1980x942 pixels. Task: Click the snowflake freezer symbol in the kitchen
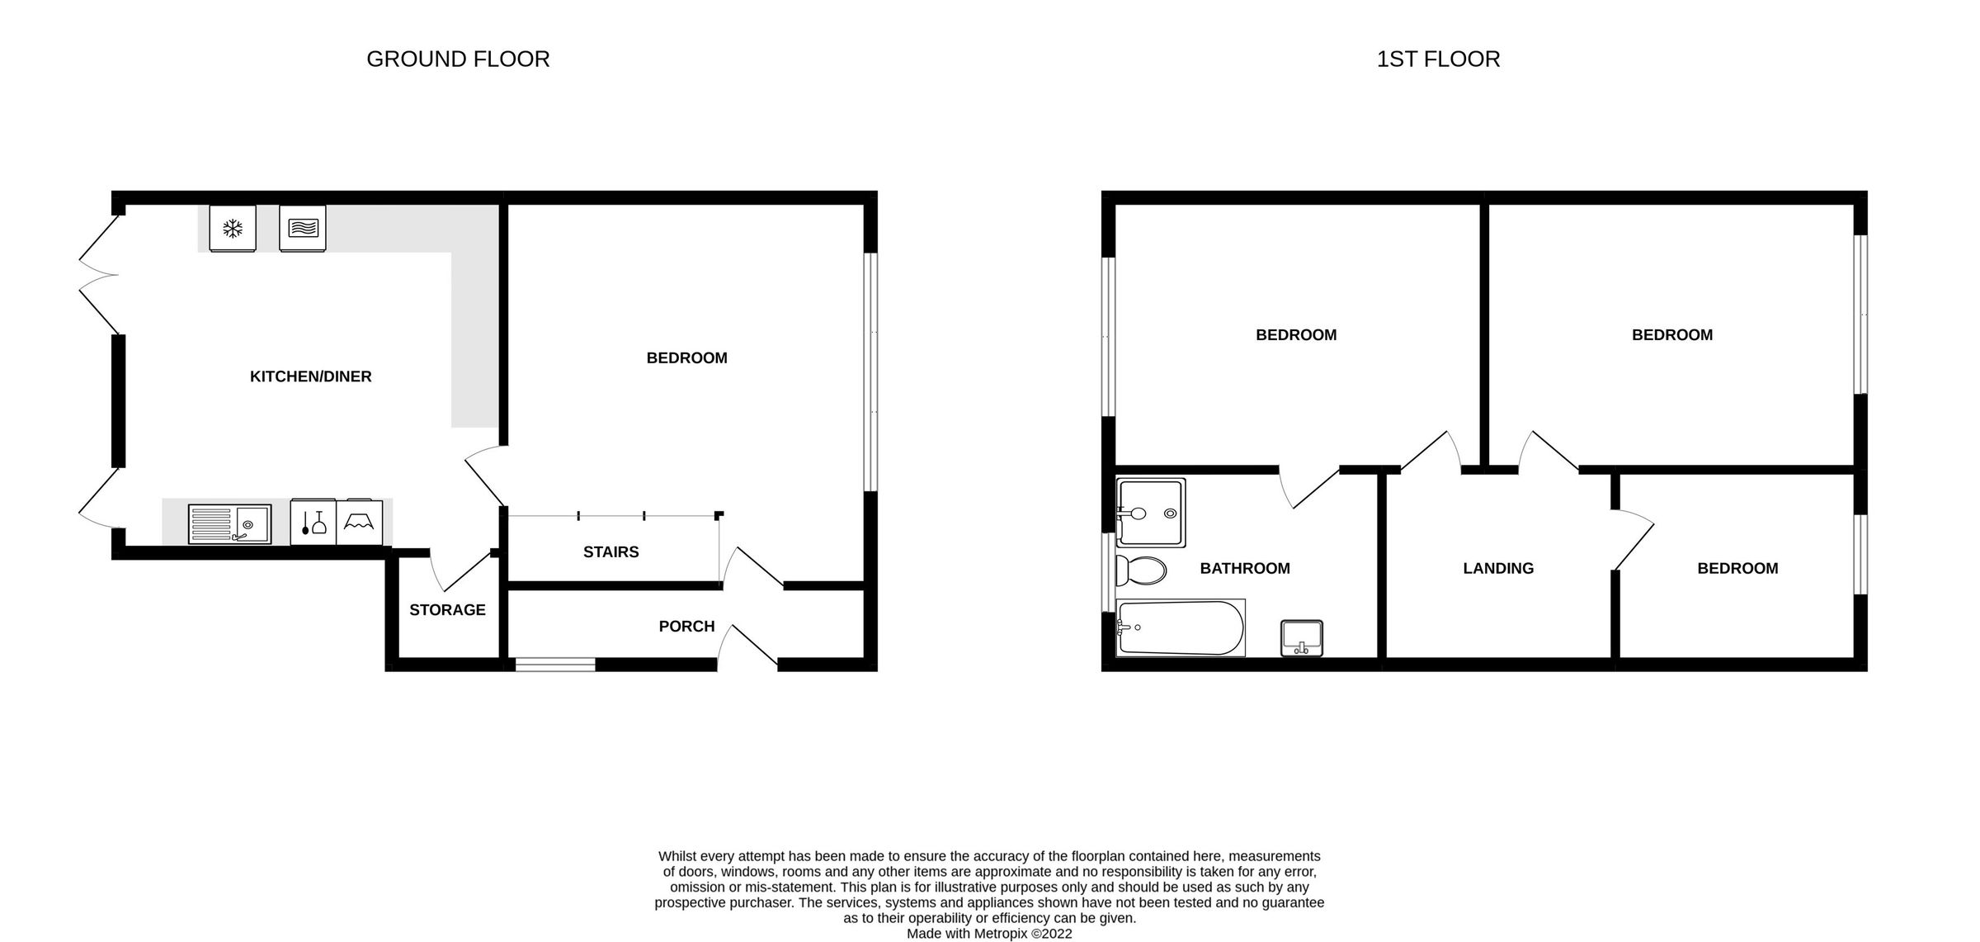[233, 228]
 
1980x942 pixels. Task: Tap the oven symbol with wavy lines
[303, 227]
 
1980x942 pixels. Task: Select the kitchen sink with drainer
[229, 523]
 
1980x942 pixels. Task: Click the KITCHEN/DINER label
[311, 376]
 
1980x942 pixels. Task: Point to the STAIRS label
[610, 551]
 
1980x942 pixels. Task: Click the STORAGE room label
[447, 609]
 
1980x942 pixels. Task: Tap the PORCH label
[686, 626]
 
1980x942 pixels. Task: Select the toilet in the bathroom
[1140, 570]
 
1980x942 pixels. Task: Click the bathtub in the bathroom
[1180, 627]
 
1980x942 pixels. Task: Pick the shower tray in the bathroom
[1151, 512]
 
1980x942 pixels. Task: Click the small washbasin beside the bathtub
[1301, 638]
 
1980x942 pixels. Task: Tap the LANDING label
[1498, 568]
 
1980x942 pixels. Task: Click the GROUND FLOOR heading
[458, 59]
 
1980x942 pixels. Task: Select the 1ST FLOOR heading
[1438, 59]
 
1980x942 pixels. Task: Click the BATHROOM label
[1244, 568]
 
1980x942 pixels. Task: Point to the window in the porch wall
[555, 664]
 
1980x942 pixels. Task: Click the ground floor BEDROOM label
[686, 357]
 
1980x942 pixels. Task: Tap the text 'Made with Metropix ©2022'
[989, 934]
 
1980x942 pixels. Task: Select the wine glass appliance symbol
[313, 522]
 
